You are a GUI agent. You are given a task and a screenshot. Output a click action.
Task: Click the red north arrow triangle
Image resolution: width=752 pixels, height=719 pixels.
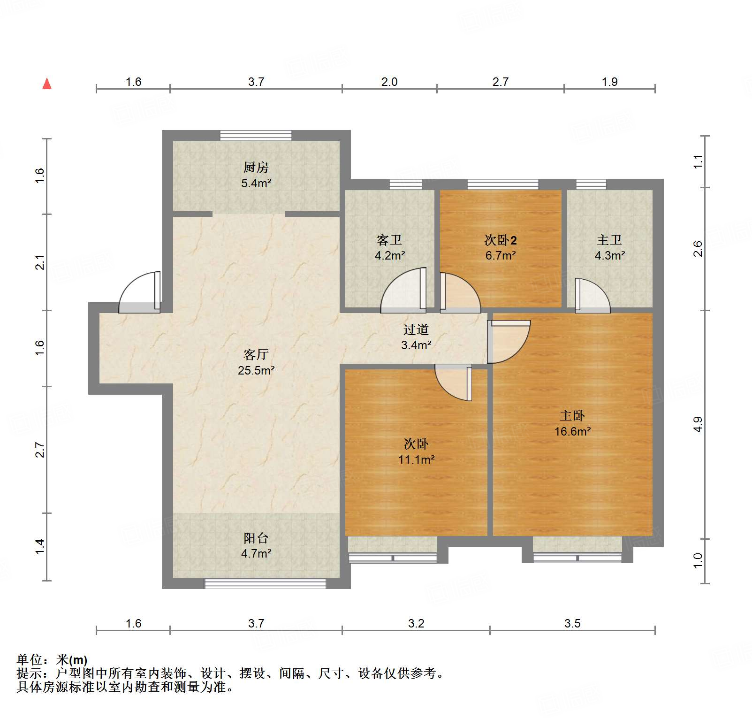47,84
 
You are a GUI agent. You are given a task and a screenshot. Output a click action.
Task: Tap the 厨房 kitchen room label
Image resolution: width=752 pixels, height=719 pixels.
256,167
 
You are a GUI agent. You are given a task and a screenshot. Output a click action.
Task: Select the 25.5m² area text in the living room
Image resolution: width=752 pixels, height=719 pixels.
256,370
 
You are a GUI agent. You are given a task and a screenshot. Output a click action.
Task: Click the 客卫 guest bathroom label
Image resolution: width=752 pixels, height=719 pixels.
389,240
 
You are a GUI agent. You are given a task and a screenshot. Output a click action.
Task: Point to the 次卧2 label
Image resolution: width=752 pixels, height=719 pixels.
501,240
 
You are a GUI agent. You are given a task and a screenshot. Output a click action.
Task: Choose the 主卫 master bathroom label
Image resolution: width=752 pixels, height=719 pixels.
609,240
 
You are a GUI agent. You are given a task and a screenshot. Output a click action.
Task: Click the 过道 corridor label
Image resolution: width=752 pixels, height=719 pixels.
416,330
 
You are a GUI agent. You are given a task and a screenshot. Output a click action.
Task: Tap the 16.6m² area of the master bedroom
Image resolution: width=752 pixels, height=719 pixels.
572,431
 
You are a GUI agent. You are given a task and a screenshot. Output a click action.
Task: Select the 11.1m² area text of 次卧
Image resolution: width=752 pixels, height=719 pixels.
416,459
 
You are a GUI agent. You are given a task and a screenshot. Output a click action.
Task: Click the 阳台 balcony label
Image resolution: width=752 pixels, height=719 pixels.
256,538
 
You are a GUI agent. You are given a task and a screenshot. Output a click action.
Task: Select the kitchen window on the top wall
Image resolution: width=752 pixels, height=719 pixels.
256,136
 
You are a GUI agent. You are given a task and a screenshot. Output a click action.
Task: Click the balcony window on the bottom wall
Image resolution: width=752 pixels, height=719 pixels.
265,583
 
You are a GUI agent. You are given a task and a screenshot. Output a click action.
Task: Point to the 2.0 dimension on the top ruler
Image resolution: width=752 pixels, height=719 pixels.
389,82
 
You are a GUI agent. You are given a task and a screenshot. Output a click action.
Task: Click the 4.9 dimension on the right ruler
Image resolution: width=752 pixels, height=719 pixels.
698,424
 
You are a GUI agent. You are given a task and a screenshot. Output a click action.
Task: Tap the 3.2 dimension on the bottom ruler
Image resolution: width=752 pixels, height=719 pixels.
416,623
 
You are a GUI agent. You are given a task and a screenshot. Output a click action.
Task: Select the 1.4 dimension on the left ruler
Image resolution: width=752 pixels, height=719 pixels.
40,546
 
